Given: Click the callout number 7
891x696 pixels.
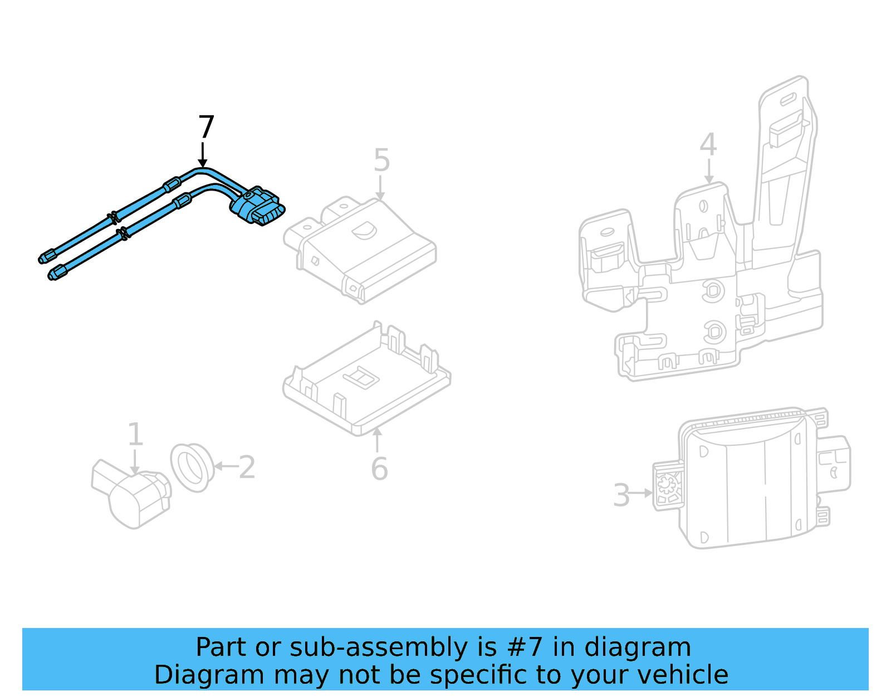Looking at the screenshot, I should pos(206,127).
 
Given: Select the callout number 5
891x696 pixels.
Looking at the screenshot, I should pos(381,160).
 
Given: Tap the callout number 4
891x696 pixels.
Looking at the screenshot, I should pos(708,144).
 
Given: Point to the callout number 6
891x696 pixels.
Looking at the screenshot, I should pos(379,469).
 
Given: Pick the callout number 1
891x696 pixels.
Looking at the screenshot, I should pos(135,434).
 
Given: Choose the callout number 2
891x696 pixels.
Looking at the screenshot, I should pos(247,467).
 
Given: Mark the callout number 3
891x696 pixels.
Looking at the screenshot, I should pos(621,495).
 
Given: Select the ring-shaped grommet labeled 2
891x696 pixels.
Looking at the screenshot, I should pos(192,467).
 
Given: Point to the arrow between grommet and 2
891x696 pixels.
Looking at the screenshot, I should pos(225,466).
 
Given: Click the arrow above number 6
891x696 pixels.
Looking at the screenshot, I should pos(377,440).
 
